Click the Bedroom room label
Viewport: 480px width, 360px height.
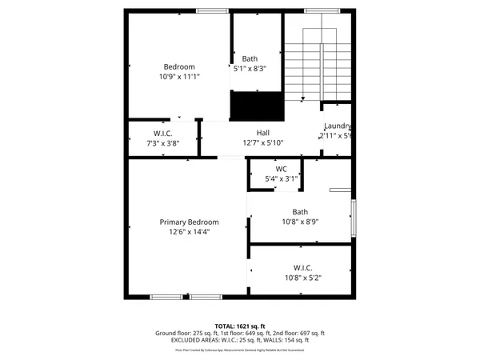[x=179, y=66]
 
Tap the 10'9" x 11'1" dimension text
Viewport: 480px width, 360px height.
[x=179, y=77]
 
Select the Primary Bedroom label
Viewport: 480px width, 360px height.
[x=189, y=222]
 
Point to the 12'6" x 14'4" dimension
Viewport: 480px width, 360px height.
[x=189, y=232]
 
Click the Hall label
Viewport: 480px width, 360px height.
[x=263, y=133]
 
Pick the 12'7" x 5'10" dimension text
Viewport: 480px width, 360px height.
[x=263, y=143]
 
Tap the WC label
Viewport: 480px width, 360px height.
[x=281, y=169]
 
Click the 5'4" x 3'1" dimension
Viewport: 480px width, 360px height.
[x=281, y=178]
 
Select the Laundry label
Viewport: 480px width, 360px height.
[x=338, y=126]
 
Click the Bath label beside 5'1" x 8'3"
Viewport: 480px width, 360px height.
[x=250, y=58]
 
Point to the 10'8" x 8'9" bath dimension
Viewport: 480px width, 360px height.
[x=300, y=222]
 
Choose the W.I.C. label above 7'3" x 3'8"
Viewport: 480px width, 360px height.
[x=163, y=133]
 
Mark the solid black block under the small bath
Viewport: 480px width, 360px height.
[x=258, y=105]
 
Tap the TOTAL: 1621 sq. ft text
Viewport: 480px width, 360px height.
[x=240, y=326]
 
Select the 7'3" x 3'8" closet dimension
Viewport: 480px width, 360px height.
[x=163, y=143]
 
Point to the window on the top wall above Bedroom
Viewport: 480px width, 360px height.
[x=210, y=10]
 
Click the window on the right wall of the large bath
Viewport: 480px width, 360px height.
[x=354, y=217]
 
